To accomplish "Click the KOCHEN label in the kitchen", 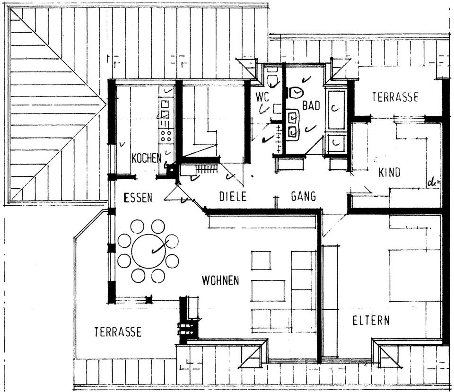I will click(x=146, y=158).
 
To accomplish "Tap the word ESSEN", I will click(x=138, y=198).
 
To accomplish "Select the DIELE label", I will click(x=233, y=196).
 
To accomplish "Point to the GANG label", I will click(x=303, y=196).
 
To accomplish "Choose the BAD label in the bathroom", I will click(x=311, y=105).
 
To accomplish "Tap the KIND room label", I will click(x=389, y=173).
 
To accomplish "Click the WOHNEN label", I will click(x=220, y=280).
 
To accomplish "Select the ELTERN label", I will click(x=371, y=320).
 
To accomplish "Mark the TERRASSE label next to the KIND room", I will click(x=395, y=97).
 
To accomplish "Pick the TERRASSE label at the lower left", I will click(x=117, y=332).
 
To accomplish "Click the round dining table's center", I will click(x=148, y=251).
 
